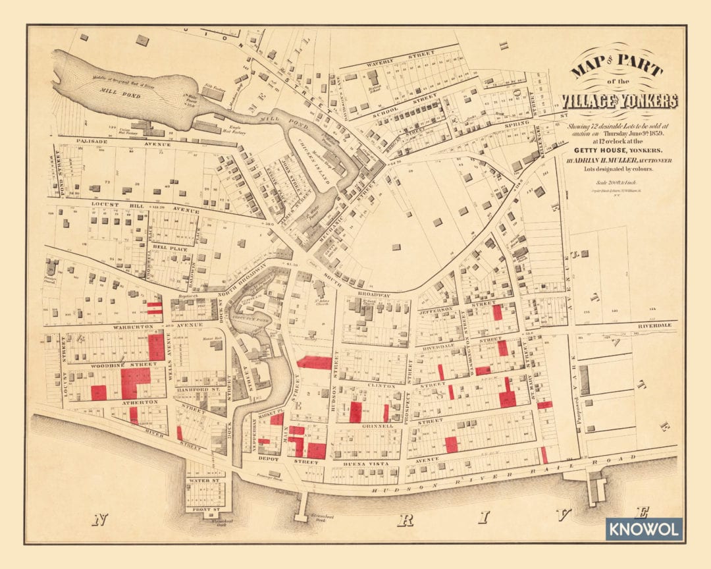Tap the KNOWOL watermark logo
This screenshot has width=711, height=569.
click(x=644, y=529)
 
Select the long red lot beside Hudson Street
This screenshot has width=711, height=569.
click(x=314, y=362)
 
